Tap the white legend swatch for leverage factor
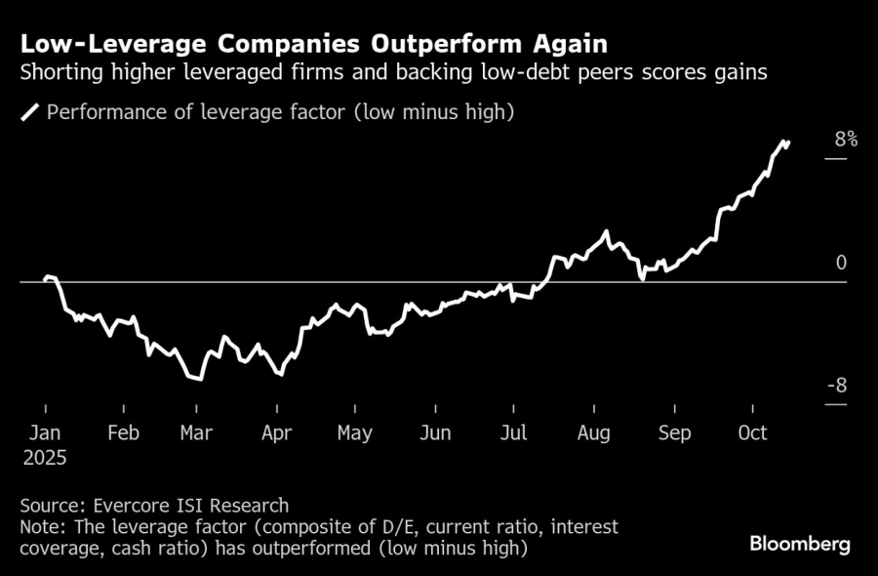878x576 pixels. point(30,112)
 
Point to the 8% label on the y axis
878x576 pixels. point(846,140)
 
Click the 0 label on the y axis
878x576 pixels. point(841,263)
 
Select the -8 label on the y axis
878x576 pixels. point(838,387)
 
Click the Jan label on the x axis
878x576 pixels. point(45,432)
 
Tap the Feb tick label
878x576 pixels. point(124,432)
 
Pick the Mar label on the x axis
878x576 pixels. point(197,432)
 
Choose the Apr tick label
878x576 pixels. point(277,432)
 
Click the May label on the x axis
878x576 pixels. point(354,432)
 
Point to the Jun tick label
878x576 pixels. point(435,432)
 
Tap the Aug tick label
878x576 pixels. point(593,432)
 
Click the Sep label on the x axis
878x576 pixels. point(674,432)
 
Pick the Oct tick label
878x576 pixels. point(752,432)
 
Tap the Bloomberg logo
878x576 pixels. point(799,544)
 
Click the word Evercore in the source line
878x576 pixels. point(132,506)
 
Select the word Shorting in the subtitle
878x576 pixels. point(58,73)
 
